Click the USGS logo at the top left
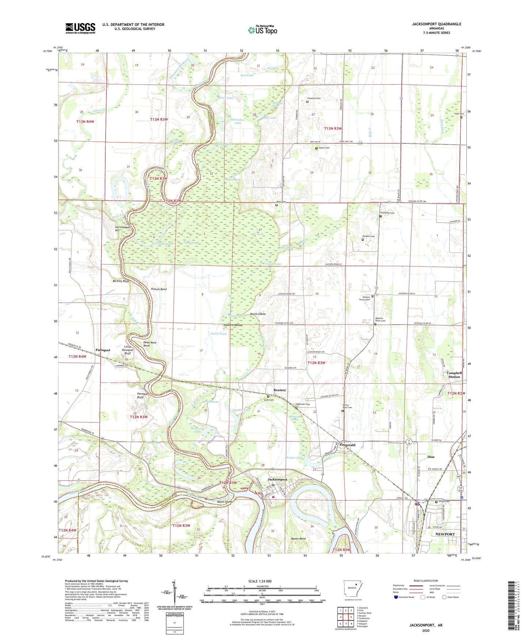[80, 28]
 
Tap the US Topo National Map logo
[262, 30]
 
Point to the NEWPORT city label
[445, 534]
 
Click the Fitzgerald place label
[347, 445]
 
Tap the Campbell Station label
[454, 375]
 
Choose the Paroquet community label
[103, 350]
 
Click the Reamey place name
[280, 390]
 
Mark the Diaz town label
[431, 457]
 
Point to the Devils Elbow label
[258, 314]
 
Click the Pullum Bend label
[159, 289]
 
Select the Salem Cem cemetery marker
[316, 148]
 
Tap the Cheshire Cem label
[314, 98]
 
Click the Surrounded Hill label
[122, 229]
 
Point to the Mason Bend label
[298, 539]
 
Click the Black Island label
[225, 502]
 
